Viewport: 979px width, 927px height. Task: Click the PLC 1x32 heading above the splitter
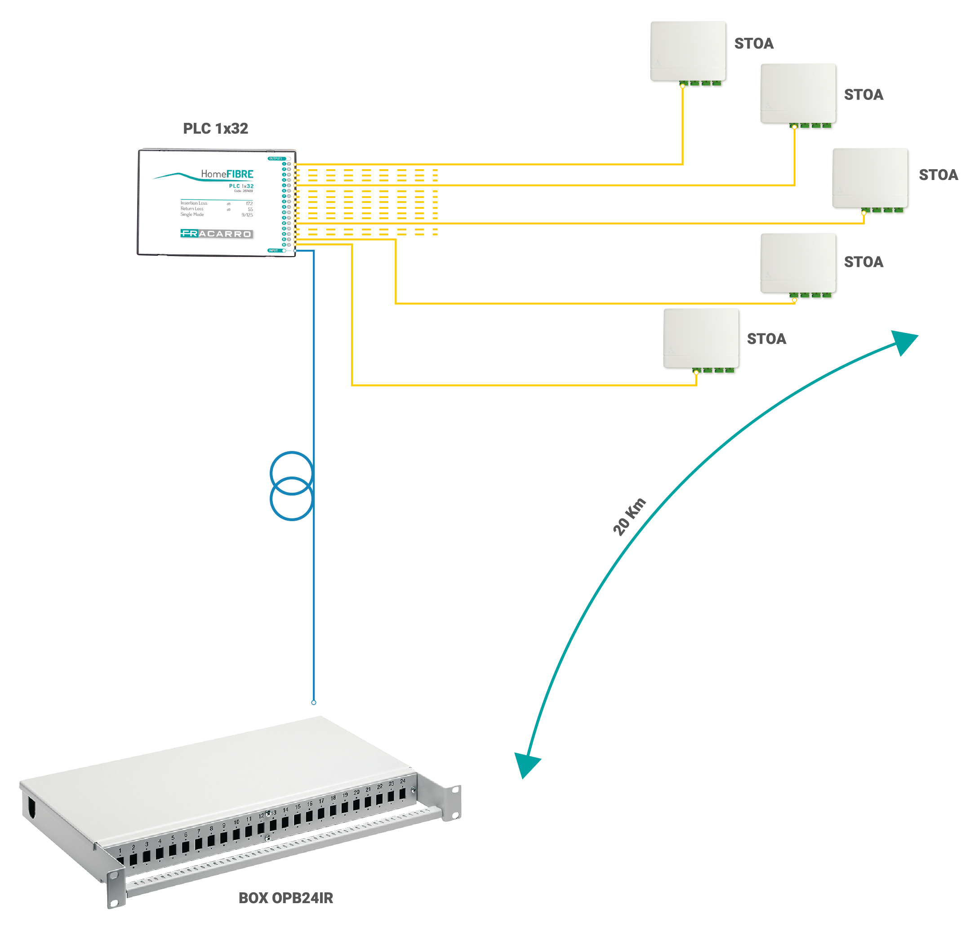[x=215, y=129]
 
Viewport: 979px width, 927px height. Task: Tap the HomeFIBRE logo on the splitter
[x=227, y=174]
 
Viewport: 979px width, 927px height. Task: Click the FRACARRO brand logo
[x=216, y=234]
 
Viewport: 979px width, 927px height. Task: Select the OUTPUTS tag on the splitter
[x=276, y=158]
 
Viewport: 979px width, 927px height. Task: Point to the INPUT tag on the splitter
[x=273, y=251]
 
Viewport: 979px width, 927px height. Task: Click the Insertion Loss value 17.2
[x=249, y=203]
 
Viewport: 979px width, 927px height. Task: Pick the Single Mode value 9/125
[x=247, y=215]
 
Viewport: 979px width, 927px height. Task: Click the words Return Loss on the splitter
[x=191, y=209]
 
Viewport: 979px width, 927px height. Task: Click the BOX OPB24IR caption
[x=285, y=898]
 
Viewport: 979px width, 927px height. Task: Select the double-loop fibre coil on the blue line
[x=291, y=486]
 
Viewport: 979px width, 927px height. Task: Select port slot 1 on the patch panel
[x=120, y=861]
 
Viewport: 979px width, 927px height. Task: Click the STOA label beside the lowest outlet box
[x=766, y=339]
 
